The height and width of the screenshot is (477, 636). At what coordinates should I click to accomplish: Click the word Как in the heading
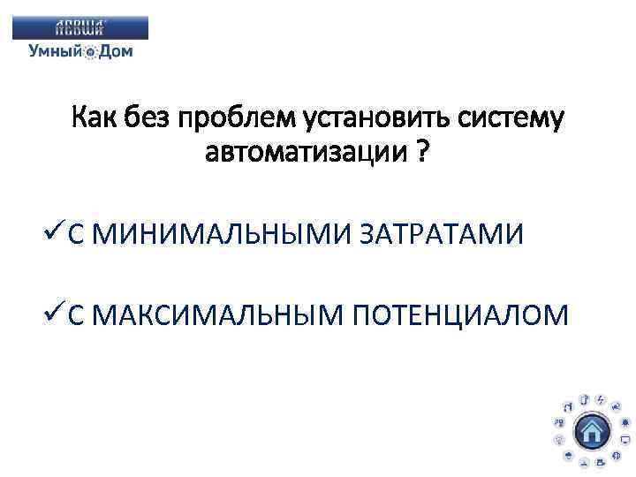pos(97,117)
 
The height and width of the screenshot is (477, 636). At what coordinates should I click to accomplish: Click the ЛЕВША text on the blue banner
pos(80,27)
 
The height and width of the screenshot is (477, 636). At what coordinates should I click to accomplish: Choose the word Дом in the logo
pos(116,51)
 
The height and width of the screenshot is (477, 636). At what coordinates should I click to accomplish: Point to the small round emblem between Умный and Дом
pos(90,52)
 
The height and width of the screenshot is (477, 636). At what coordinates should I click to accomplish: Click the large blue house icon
pos(592,431)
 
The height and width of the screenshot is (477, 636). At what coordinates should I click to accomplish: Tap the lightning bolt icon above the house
pos(600,400)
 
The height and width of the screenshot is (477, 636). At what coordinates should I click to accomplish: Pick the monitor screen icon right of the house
pos(625,439)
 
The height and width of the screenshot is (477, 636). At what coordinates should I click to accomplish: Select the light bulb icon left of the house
pos(559,439)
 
